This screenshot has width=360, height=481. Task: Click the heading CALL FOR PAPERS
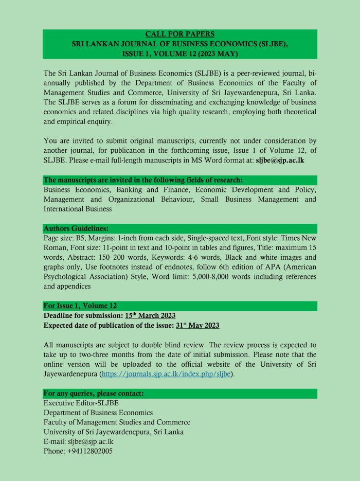point(180,34)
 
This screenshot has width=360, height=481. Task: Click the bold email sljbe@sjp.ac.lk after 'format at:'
point(286,161)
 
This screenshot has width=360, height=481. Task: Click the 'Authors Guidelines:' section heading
point(76,228)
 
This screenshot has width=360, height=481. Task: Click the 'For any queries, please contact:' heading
point(94,394)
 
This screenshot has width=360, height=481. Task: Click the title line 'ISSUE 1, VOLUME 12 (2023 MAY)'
point(180,54)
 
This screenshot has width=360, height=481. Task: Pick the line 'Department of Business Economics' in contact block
point(98,413)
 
